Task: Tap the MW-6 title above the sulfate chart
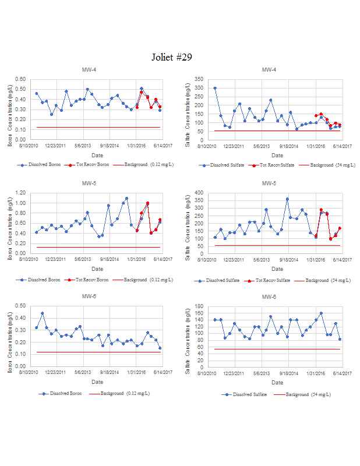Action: (x=269, y=297)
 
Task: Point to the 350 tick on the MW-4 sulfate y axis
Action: (x=200, y=79)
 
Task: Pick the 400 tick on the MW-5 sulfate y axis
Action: (x=200, y=193)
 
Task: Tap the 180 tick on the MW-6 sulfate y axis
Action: (x=200, y=306)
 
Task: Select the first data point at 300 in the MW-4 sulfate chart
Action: (x=215, y=89)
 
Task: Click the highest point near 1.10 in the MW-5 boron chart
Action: (x=126, y=199)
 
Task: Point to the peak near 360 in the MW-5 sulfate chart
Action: (x=287, y=199)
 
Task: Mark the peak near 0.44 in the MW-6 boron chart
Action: (x=43, y=313)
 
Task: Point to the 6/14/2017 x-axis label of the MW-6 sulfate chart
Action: (x=340, y=373)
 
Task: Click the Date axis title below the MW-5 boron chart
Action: (x=97, y=269)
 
